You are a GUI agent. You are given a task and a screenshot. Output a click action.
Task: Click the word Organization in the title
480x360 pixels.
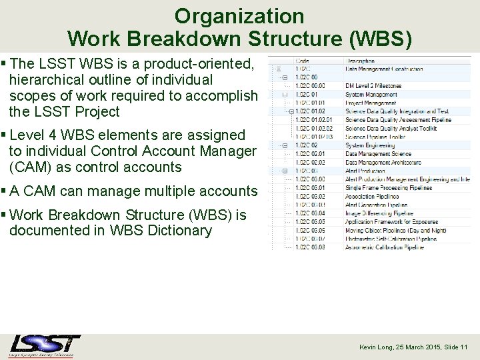coord(239,16)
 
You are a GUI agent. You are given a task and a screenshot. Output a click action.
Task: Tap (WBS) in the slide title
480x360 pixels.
coord(381,39)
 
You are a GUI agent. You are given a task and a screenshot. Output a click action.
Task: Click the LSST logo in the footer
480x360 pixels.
coord(45,345)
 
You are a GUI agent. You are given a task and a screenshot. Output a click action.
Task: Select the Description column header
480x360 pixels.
coord(361,60)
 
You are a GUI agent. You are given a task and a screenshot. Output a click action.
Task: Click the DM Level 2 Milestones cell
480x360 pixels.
coord(373,86)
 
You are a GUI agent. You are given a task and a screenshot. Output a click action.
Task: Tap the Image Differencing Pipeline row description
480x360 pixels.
coord(379,213)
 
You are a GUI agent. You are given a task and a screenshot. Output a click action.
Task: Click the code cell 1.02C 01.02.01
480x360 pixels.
coord(314,120)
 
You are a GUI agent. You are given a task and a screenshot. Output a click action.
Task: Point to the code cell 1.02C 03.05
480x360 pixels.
coord(310,222)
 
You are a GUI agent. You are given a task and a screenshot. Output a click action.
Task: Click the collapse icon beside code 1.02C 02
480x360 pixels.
coord(285,145)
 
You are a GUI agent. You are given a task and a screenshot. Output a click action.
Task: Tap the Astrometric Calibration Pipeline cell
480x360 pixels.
coord(384,247)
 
